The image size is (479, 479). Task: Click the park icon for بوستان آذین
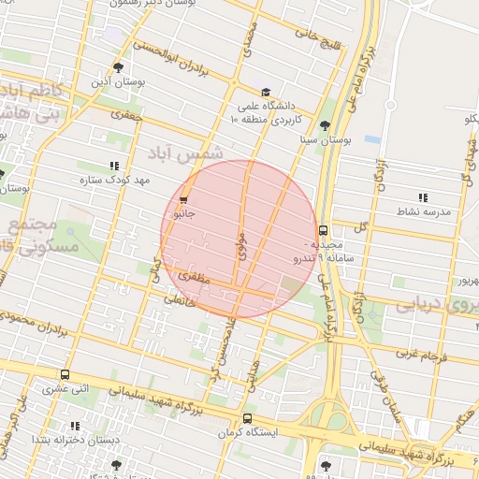[118, 67]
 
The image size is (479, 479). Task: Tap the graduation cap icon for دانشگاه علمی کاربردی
[266, 93]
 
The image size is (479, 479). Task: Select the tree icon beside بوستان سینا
[325, 125]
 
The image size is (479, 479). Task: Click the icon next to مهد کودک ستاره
[114, 167]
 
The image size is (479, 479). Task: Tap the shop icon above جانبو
[182, 199]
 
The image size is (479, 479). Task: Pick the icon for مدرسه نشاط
[423, 197]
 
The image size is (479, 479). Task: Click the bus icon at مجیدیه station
[323, 230]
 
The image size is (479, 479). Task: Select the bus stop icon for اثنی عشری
[65, 374]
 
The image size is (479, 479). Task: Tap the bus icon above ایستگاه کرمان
[247, 418]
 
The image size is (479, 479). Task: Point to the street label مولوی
[241, 246]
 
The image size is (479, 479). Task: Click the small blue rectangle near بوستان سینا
[372, 139]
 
